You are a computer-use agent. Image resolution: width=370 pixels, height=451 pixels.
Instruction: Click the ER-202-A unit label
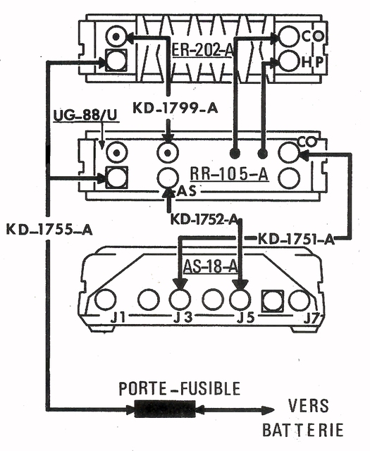[202, 50]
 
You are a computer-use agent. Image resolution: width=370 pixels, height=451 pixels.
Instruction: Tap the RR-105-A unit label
[229, 174]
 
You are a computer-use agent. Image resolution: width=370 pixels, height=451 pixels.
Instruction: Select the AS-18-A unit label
[210, 266]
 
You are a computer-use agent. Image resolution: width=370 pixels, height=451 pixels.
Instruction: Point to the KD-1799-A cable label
[175, 109]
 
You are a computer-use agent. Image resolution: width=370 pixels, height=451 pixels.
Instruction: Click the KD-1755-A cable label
[49, 230]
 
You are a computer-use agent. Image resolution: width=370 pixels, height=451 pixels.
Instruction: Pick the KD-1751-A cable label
[297, 240]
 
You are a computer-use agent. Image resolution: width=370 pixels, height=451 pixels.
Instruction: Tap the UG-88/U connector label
[86, 115]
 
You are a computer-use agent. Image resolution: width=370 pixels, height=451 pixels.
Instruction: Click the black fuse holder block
[165, 409]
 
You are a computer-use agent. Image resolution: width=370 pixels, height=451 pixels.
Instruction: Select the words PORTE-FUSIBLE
[180, 388]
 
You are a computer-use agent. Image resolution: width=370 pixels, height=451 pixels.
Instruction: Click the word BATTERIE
[303, 430]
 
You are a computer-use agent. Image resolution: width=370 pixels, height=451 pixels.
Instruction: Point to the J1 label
[118, 318]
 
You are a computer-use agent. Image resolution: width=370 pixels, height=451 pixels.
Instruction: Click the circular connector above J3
[180, 299]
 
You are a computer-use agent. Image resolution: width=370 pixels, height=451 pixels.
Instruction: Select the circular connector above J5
[240, 299]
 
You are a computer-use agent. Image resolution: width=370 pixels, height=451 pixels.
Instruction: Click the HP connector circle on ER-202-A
[288, 61]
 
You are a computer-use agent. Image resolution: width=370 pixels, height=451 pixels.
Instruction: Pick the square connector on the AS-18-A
[272, 301]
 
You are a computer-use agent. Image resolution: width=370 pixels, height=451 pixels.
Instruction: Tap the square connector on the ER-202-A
[116, 61]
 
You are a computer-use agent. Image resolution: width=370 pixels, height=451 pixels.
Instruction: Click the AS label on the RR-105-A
[186, 191]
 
